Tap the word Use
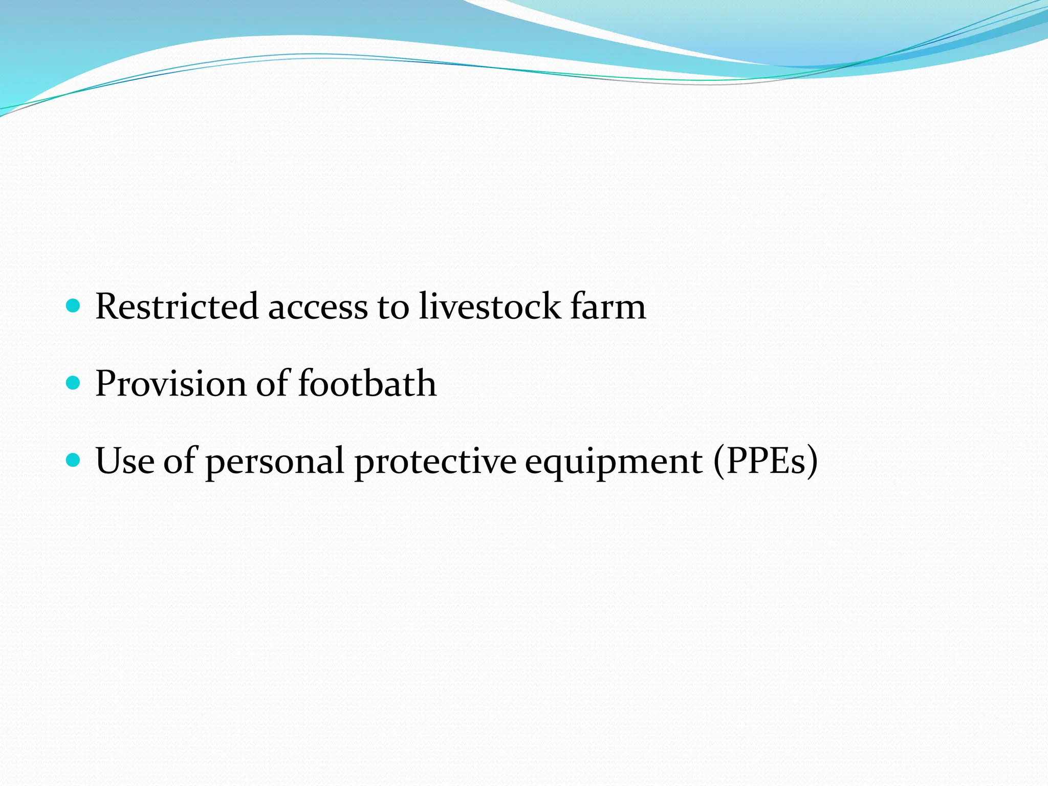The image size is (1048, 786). pos(124,461)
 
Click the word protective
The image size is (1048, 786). pos(435,462)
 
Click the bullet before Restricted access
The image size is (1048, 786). pos(74,306)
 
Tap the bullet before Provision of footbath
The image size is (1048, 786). pos(74,383)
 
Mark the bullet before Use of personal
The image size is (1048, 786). pos(74,460)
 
